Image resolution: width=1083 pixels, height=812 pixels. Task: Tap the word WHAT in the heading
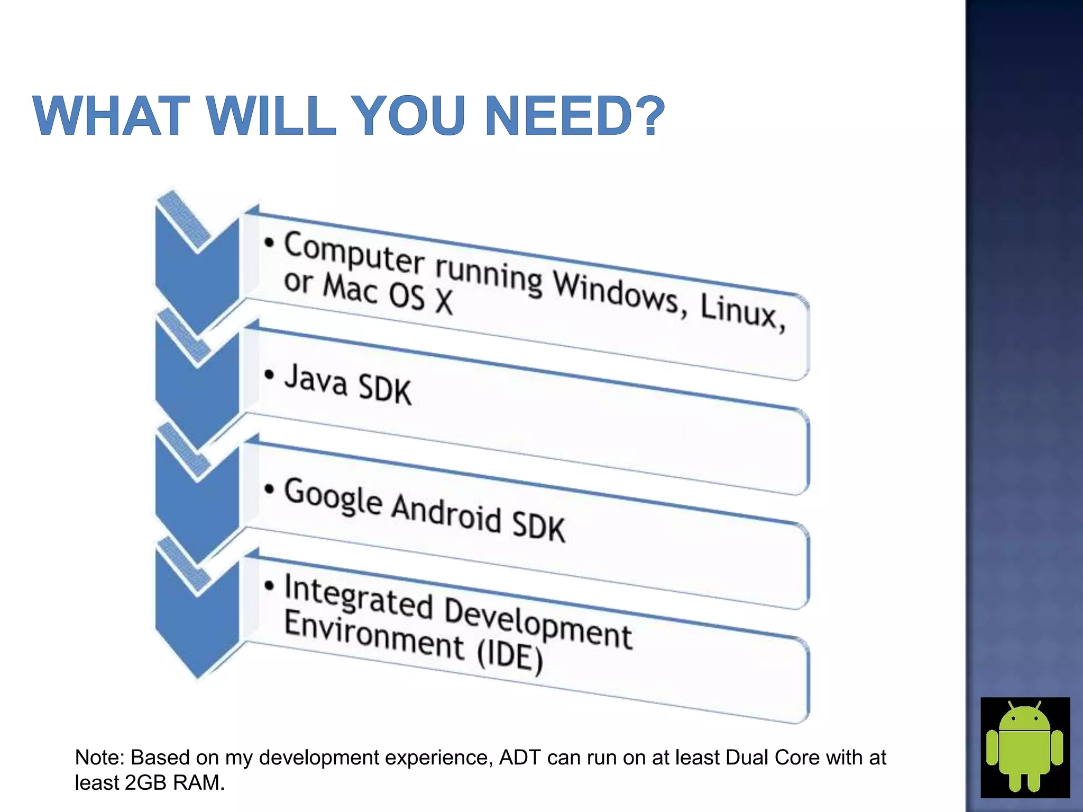click(x=112, y=115)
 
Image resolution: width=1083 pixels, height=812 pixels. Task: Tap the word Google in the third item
click(x=333, y=497)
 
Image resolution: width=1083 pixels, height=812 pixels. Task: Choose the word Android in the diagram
click(x=446, y=513)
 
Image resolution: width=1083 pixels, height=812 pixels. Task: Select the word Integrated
click(x=359, y=599)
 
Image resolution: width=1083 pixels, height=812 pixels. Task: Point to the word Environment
click(x=373, y=636)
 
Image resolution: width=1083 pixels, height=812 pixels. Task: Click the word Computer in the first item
click(x=354, y=254)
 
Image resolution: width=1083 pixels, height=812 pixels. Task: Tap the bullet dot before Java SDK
click(x=270, y=375)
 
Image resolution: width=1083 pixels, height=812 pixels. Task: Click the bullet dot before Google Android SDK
click(x=270, y=489)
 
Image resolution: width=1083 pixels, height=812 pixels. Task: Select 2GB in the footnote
click(x=145, y=783)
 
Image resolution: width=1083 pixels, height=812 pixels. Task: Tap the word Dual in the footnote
click(x=747, y=758)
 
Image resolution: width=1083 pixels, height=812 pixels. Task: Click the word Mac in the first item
click(x=350, y=289)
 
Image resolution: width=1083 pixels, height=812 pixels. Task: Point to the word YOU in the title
click(x=410, y=115)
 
